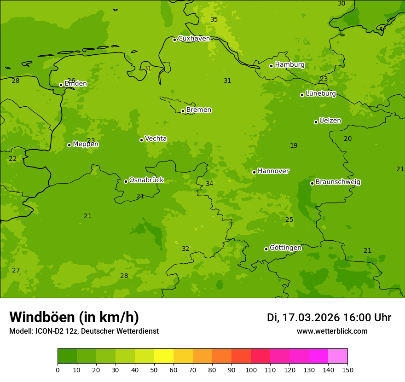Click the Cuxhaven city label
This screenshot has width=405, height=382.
tap(194, 39)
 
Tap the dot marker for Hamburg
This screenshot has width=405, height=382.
tap(272, 66)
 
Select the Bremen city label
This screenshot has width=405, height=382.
tap(199, 110)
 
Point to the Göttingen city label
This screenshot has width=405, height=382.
tap(285, 248)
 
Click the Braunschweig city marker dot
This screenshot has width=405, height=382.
tap(312, 183)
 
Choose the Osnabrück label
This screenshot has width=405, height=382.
tap(146, 180)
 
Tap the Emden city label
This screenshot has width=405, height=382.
tap(75, 84)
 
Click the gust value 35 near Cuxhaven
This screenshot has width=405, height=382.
tap(214, 19)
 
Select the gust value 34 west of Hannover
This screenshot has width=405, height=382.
tap(209, 184)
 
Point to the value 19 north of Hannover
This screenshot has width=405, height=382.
tap(294, 146)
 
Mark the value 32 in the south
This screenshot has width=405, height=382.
tap(185, 249)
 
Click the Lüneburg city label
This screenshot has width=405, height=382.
tap(321, 94)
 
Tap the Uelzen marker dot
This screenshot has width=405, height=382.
tap(316, 122)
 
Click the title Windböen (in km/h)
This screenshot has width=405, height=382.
tap(74, 317)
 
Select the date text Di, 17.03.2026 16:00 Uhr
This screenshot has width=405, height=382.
tap(329, 318)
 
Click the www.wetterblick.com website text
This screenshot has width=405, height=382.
tap(332, 331)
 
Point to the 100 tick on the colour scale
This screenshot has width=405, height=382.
tap(251, 370)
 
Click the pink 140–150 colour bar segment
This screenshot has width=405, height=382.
tap(338, 356)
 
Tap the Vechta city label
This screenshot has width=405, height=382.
tap(156, 139)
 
